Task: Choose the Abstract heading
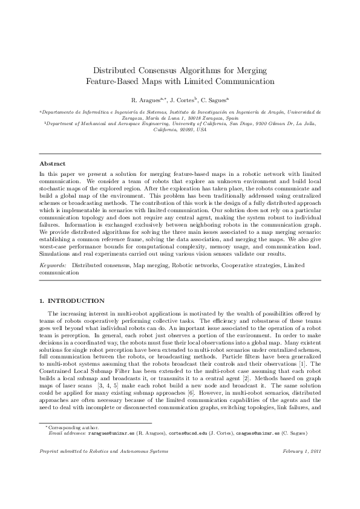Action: (53, 164)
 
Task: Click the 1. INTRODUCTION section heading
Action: (71, 300)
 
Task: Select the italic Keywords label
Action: (53, 265)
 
